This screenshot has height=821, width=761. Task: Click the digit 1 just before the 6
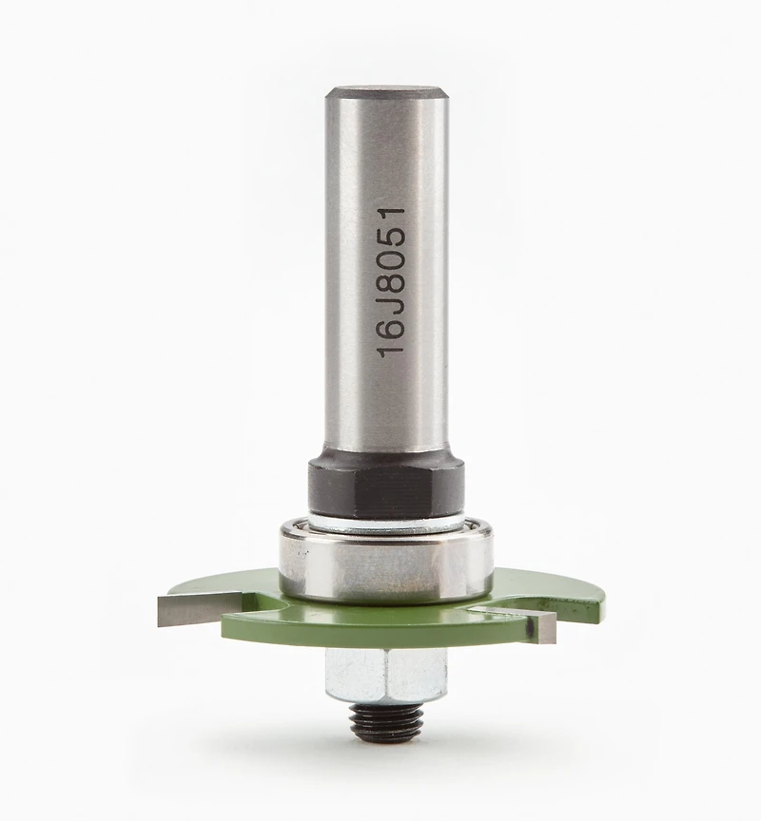(x=392, y=348)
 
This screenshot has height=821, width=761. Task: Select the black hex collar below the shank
(x=386, y=487)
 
